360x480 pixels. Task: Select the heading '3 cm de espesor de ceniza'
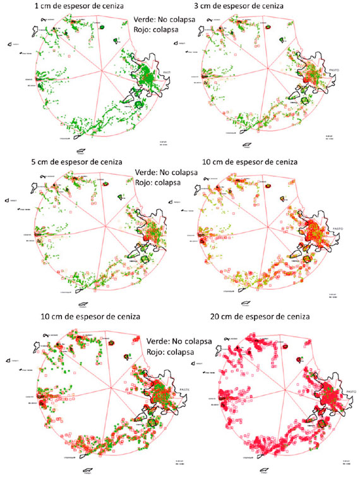[248, 6]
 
